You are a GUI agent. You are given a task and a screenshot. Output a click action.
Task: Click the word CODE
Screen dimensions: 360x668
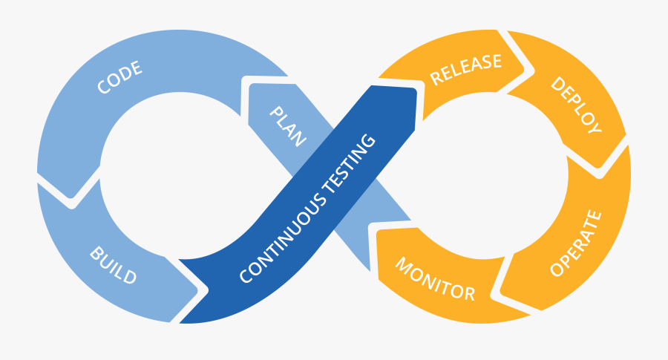(x=119, y=78)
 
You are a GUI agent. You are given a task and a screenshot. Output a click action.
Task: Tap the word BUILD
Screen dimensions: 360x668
(x=114, y=266)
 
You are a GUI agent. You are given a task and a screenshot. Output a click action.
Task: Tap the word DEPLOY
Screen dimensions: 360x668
(x=575, y=105)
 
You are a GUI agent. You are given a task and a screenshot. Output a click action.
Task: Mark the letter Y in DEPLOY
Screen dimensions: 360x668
(x=594, y=128)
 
